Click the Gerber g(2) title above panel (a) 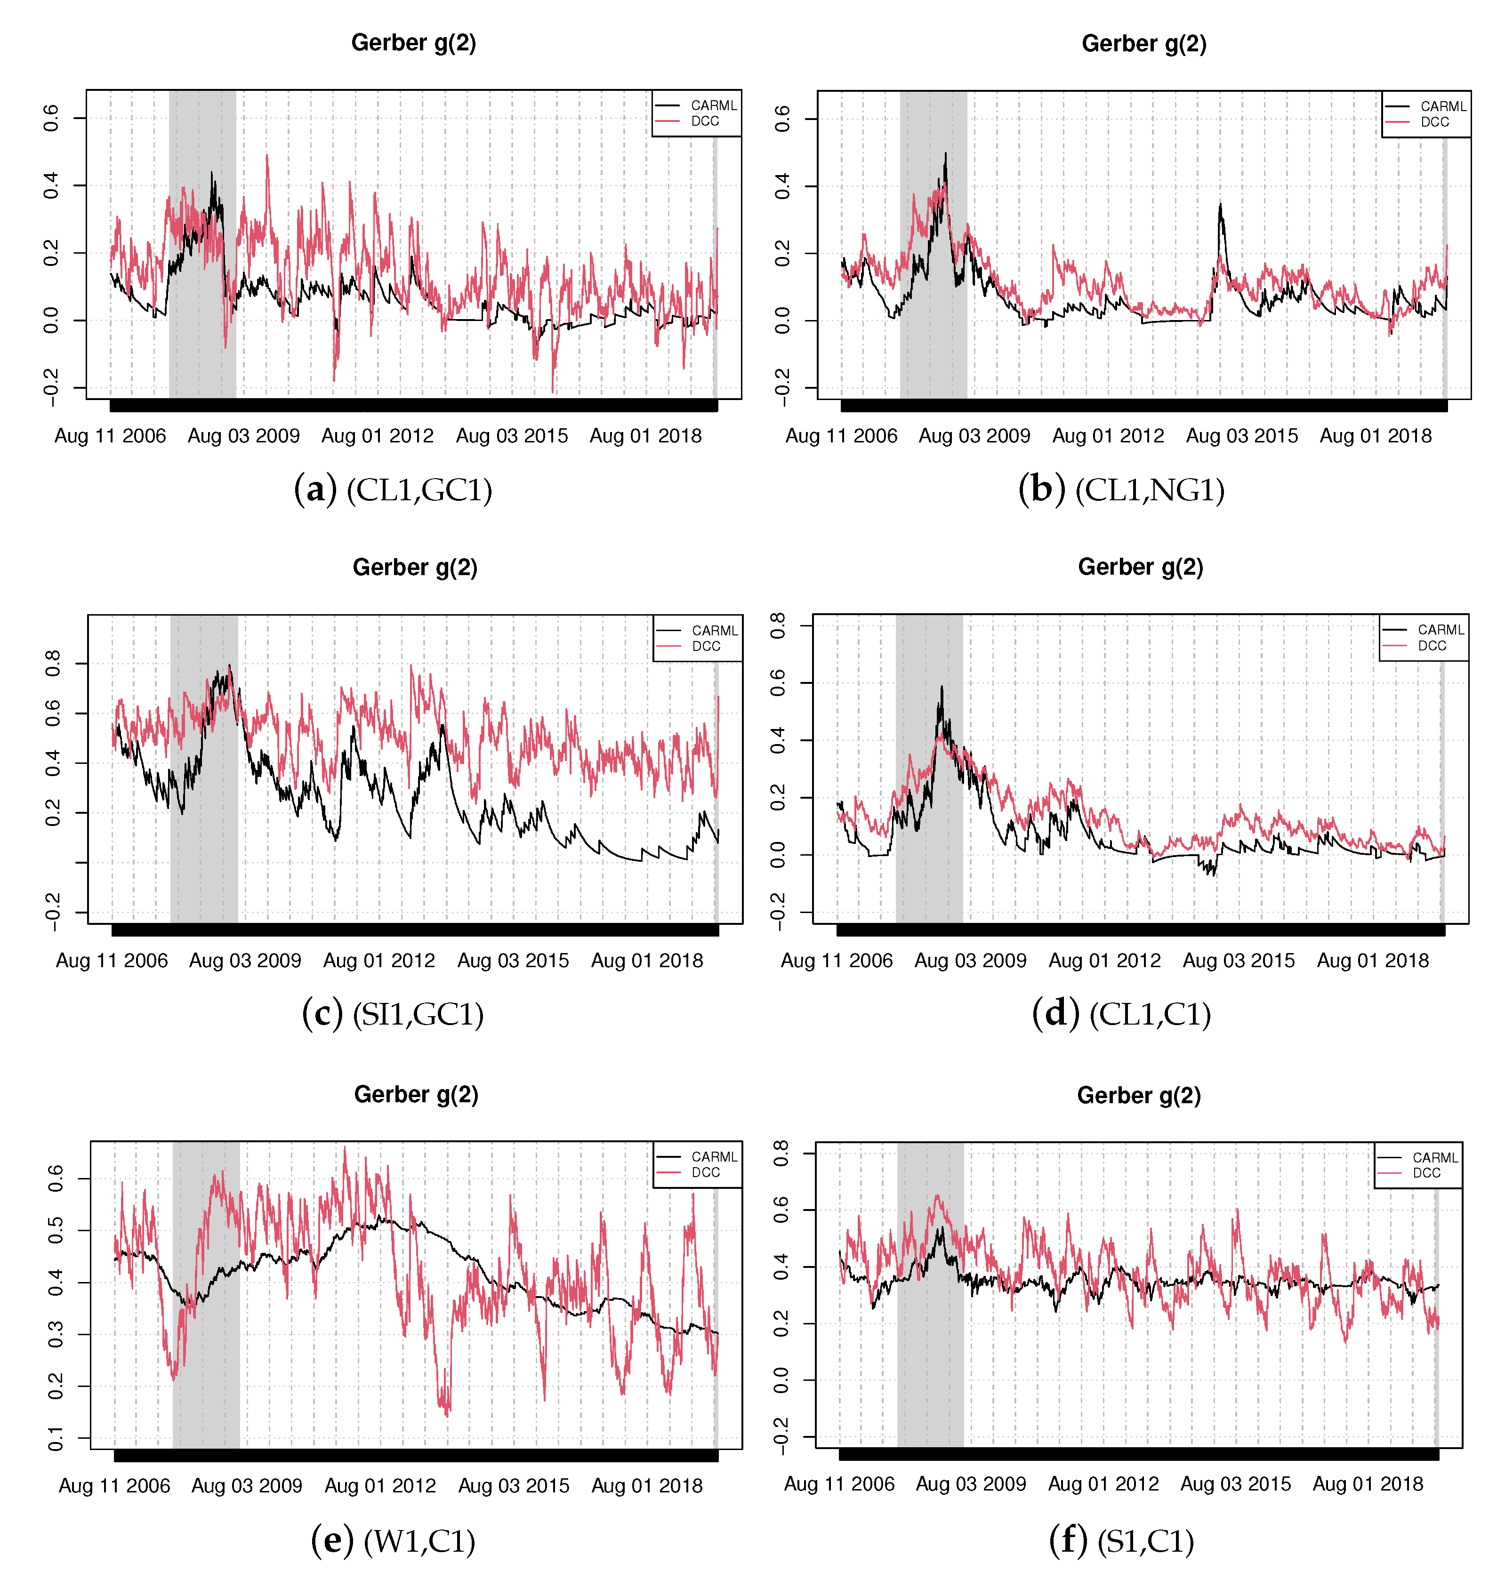point(413,43)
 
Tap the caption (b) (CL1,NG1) point(1121,490)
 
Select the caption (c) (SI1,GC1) point(393,1014)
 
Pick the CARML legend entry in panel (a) point(713,105)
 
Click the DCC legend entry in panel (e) point(705,1172)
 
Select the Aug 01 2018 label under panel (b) point(1376,436)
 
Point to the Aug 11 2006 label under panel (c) point(112,961)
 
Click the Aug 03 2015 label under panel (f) point(1236,1483)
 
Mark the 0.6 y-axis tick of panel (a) point(51,118)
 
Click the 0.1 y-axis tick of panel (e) point(56,1438)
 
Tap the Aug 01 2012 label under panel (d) point(1104,961)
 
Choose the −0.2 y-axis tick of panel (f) point(781,1437)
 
